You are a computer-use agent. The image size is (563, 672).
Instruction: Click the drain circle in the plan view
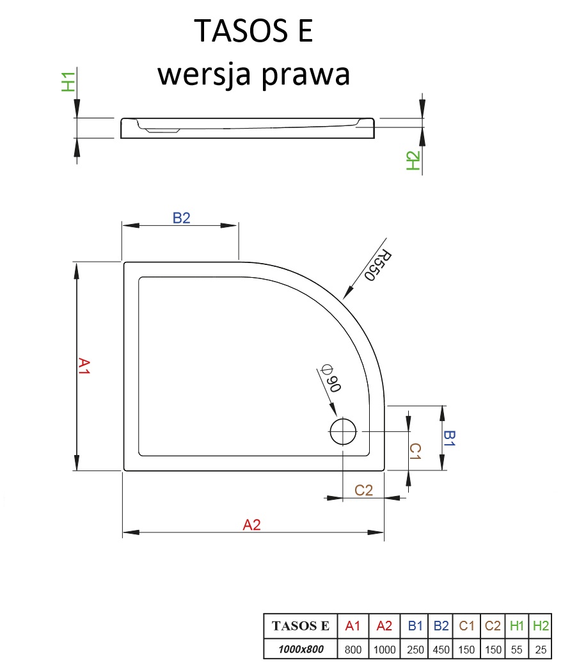[x=343, y=432]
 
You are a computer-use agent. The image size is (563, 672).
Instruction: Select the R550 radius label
[x=377, y=266]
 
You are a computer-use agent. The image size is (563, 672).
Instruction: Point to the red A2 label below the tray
[x=252, y=525]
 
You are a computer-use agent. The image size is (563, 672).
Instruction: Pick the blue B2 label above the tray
[x=182, y=218]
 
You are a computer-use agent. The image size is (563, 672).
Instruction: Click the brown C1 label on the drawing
[x=415, y=452]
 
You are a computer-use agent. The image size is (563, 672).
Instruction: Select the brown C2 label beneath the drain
[x=364, y=490]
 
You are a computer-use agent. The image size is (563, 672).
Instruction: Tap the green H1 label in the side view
[x=68, y=82]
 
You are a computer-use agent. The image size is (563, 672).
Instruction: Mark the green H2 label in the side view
[x=413, y=161]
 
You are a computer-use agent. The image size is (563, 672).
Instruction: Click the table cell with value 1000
[x=384, y=650]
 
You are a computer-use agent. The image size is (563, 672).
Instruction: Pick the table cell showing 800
[x=353, y=650]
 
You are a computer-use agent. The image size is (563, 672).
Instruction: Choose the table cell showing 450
[x=440, y=650]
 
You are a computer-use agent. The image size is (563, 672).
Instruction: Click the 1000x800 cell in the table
[x=300, y=650]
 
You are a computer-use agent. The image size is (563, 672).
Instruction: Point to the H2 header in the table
[x=541, y=626]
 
